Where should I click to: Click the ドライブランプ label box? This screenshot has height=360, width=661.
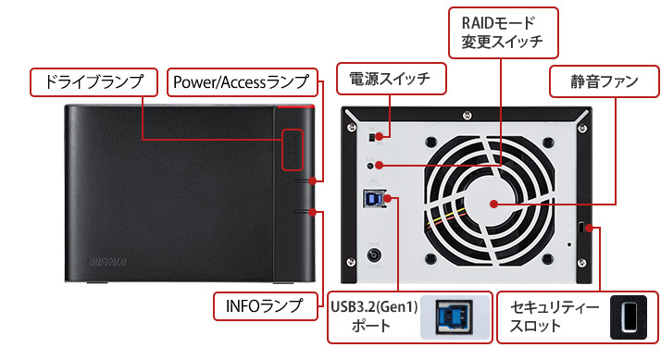tap(94, 82)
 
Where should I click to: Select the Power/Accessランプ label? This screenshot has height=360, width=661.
tap(242, 82)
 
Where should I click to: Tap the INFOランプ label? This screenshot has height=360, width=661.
tap(265, 306)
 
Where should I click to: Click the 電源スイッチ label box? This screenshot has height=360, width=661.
tap(391, 79)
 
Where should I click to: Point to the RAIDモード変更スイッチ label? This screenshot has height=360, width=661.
tap(503, 32)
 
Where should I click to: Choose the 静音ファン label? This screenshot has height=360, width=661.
tap(605, 81)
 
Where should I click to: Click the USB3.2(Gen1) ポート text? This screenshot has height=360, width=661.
tap(374, 317)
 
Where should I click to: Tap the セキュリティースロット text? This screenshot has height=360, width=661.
tap(555, 317)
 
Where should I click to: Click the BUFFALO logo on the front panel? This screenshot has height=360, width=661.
tap(108, 262)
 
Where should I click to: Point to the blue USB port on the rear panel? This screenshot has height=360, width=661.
tap(373, 199)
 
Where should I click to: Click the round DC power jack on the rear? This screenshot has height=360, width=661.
tap(374, 255)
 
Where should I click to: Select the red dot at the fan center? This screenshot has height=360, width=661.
tap(494, 205)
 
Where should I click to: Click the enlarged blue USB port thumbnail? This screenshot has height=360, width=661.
tap(455, 317)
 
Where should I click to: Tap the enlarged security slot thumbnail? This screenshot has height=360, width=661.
tap(629, 317)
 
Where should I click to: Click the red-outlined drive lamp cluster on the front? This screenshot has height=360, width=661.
tap(293, 150)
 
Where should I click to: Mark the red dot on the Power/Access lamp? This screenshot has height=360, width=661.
tap(312, 180)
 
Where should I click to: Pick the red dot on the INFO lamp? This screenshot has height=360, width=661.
tap(312, 212)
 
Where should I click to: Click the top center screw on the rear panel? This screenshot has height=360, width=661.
tap(468, 115)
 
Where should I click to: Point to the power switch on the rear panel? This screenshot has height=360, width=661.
tap(372, 137)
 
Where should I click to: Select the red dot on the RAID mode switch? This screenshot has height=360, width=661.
tap(379, 166)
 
